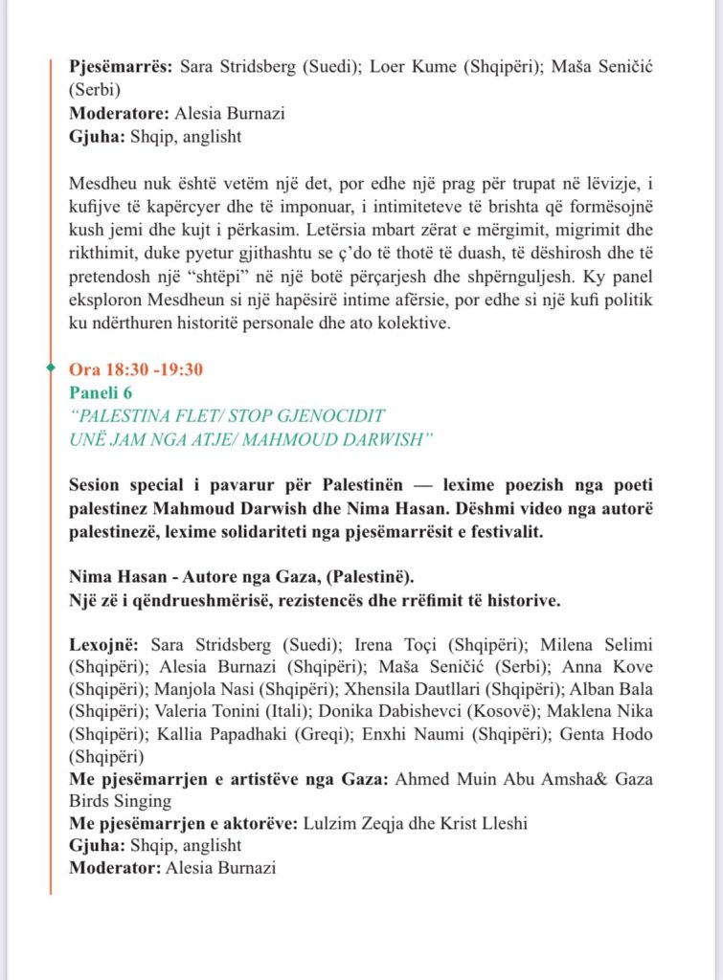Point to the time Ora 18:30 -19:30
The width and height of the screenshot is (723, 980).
pos(136,369)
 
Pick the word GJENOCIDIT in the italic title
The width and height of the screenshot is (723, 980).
pos(328,415)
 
